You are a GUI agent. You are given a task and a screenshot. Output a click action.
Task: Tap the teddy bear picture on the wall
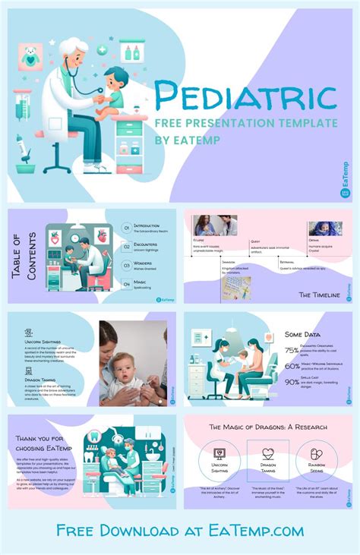pyautogui.click(x=30, y=55)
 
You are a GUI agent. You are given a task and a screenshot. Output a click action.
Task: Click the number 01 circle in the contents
pyautogui.click(x=126, y=227)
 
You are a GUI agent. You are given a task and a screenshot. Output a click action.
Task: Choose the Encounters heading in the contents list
pyautogui.click(x=145, y=244)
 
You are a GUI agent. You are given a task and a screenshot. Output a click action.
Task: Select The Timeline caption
pyautogui.click(x=318, y=294)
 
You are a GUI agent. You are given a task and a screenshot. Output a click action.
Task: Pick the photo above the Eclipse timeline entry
pyautogui.click(x=216, y=225)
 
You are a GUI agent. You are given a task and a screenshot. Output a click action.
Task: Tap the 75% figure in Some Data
pyautogui.click(x=292, y=351)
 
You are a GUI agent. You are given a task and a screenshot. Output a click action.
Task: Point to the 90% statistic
pyautogui.click(x=292, y=382)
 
